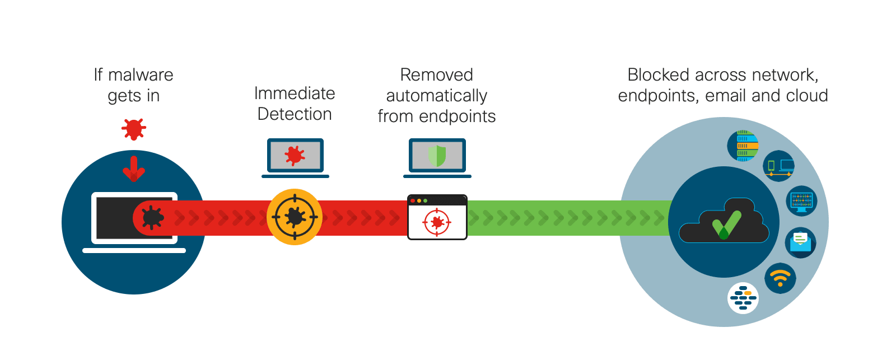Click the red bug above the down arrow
tap(134, 129)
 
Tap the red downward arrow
tap(134, 169)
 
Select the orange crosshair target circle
tap(295, 217)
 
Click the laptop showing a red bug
tap(295, 157)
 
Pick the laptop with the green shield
tap(437, 157)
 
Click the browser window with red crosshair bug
tap(437, 217)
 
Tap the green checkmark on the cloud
tap(726, 225)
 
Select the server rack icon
tap(743, 146)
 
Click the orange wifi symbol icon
tap(780, 278)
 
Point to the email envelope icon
tap(800, 242)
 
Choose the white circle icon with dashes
tap(743, 298)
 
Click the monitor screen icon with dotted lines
tap(801, 200)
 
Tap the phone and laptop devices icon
tap(779, 166)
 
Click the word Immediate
tap(295, 93)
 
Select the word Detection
tap(295, 114)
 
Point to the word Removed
tap(437, 74)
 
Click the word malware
tap(141, 74)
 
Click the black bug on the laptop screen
tap(152, 217)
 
